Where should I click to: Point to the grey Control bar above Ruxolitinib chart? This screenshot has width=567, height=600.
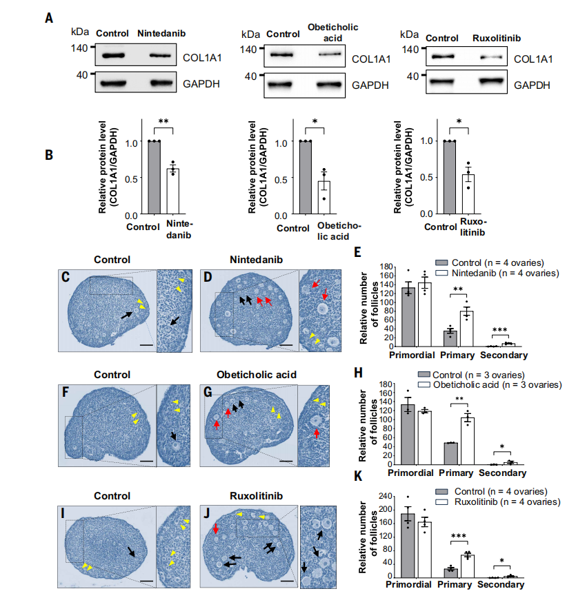click(450, 178)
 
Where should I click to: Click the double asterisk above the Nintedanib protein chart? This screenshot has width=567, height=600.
click(163, 122)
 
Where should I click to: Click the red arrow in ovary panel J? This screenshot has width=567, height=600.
click(216, 529)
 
